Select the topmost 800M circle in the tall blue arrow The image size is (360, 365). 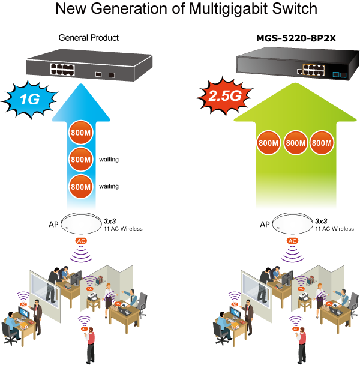point(80,132)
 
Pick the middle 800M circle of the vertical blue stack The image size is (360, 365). point(80,159)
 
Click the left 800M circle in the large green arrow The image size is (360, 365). point(268,143)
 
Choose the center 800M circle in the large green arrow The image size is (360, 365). point(295,143)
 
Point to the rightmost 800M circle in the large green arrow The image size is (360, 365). point(322,143)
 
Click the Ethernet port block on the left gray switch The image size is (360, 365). point(62,69)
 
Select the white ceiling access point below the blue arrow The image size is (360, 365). point(81,223)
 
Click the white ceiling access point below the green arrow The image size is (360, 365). point(293,223)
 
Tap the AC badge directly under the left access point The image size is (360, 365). point(80,241)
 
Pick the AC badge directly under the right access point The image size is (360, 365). point(292,241)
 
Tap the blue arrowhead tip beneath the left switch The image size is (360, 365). point(81,87)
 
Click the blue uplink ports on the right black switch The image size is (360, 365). point(339,75)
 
